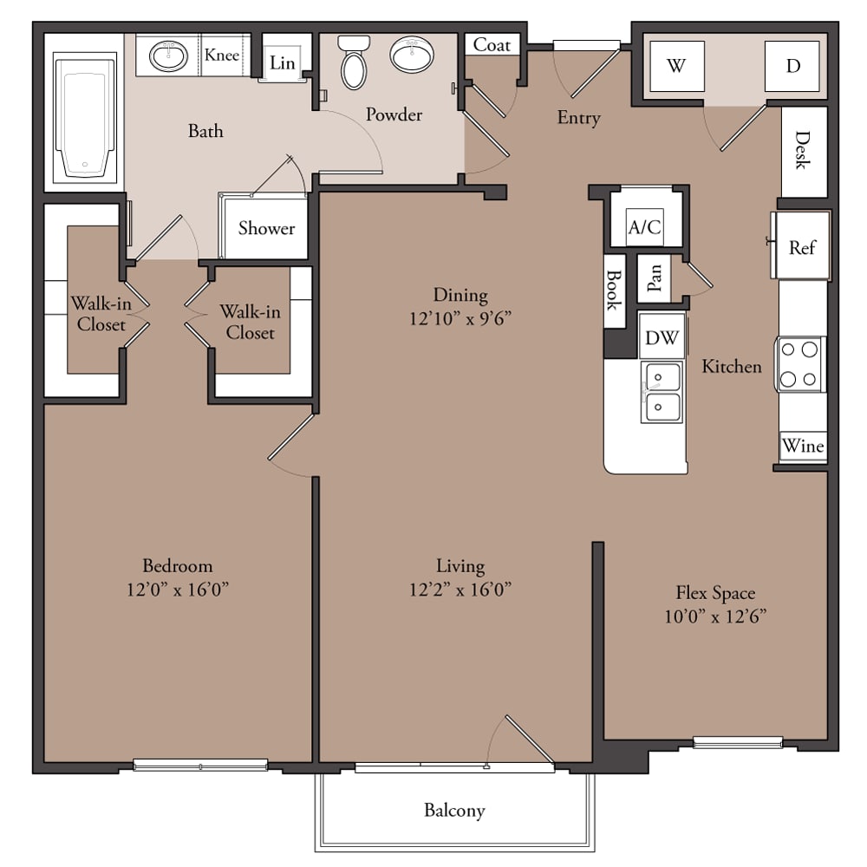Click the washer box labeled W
(x=677, y=66)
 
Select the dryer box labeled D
(x=792, y=66)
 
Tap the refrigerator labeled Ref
(x=801, y=245)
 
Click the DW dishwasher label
(x=662, y=337)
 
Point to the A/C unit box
(x=645, y=226)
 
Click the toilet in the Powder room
(x=354, y=62)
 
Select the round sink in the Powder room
(x=412, y=54)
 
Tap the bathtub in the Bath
(x=85, y=118)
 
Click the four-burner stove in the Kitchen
(x=799, y=364)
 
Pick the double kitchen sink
(x=662, y=392)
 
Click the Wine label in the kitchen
(x=803, y=446)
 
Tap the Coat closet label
(x=492, y=45)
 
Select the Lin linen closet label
(x=282, y=63)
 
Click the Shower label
(x=266, y=228)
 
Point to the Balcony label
(x=454, y=811)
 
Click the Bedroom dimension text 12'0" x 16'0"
(x=178, y=590)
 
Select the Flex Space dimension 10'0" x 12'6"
(x=715, y=616)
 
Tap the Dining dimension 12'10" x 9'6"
(x=460, y=318)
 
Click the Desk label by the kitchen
(x=802, y=150)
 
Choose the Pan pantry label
(x=654, y=277)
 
